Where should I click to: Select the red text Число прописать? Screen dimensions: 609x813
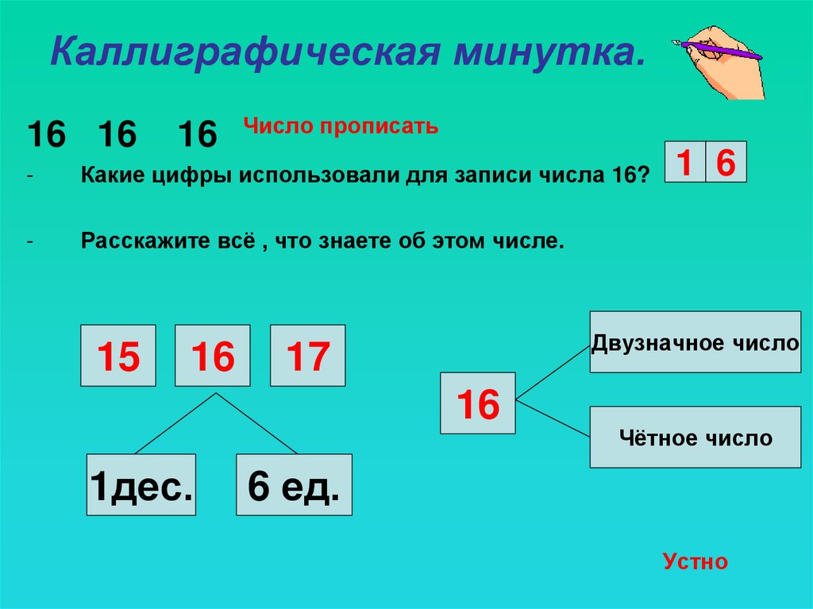click(x=341, y=126)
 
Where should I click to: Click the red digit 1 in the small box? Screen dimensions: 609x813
click(x=684, y=163)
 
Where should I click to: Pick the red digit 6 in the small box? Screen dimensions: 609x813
click(x=726, y=163)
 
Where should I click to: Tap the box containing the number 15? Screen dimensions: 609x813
click(x=118, y=356)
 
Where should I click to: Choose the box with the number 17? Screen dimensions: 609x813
click(x=307, y=356)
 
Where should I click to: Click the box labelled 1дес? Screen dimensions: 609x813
click(x=141, y=484)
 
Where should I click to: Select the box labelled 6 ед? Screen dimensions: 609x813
click(x=294, y=484)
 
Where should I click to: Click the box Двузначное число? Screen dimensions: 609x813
click(x=695, y=342)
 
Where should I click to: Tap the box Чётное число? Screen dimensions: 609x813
click(x=695, y=437)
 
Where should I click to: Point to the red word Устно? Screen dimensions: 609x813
click(x=695, y=562)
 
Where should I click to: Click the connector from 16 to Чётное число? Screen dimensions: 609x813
click(x=553, y=418)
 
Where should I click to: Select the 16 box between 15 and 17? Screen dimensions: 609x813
click(x=213, y=356)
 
